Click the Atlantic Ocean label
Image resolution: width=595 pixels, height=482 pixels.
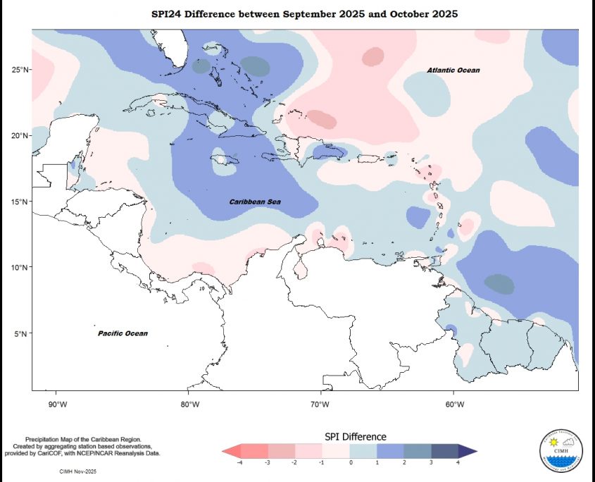click(x=453, y=70)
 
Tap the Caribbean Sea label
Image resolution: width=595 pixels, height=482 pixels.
click(x=255, y=202)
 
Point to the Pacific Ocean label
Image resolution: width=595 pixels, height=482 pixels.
click(x=123, y=333)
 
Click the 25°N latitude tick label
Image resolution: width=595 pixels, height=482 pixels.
click(x=20, y=70)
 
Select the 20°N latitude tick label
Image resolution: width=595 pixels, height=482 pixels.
click(x=20, y=135)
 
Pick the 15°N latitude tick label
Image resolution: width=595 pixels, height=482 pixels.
click(x=20, y=202)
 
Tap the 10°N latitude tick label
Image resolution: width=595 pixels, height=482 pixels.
click(x=20, y=268)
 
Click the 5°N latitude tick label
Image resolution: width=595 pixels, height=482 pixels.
click(x=22, y=334)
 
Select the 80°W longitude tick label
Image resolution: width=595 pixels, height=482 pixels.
click(x=189, y=404)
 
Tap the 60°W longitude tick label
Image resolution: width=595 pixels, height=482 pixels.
click(x=454, y=404)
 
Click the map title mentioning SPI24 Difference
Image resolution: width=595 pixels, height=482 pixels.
click(x=305, y=14)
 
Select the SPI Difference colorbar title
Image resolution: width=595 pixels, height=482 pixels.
click(x=355, y=437)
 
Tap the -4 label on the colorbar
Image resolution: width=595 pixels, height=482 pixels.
click(x=241, y=462)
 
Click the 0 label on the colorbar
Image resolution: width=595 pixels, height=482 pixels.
click(x=350, y=462)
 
